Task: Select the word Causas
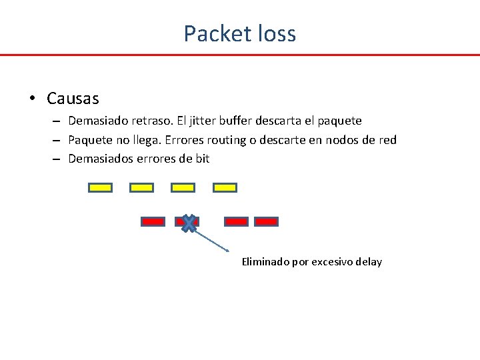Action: pos(73,99)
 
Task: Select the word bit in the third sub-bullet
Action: pos(201,159)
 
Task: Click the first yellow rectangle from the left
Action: pos(100,187)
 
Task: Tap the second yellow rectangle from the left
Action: pos(141,187)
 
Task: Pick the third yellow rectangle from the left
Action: pos(183,187)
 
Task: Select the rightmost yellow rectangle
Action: pos(225,187)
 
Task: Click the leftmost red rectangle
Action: pos(153,221)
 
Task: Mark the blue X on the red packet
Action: pos(189,223)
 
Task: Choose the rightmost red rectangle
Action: pos(266,221)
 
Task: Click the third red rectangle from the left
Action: pos(236,221)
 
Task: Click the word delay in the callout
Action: pos(369,262)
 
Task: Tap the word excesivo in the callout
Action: pos(332,262)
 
